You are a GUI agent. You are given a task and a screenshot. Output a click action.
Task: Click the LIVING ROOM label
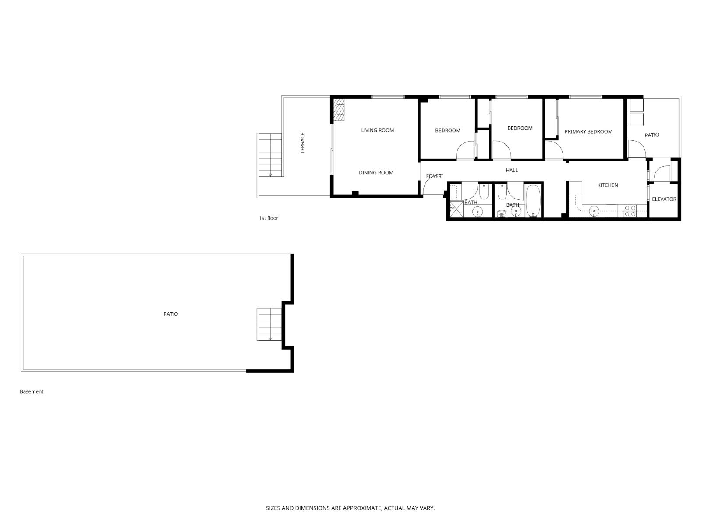pyautogui.click(x=377, y=130)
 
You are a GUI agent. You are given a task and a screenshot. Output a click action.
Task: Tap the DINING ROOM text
pyautogui.click(x=376, y=173)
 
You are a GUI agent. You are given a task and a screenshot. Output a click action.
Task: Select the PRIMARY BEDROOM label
pyautogui.click(x=588, y=131)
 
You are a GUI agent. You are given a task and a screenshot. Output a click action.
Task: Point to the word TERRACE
pyautogui.click(x=302, y=143)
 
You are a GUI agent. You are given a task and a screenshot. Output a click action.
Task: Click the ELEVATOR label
pyautogui.click(x=664, y=199)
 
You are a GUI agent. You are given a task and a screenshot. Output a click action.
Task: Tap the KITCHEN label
pyautogui.click(x=608, y=185)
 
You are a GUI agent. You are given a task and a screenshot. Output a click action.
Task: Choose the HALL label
pyautogui.click(x=512, y=170)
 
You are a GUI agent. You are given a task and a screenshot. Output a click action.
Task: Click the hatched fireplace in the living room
pyautogui.click(x=339, y=109)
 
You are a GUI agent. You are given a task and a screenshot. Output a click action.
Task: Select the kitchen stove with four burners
pyautogui.click(x=630, y=211)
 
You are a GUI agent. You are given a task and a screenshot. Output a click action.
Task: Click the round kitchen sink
pyautogui.click(x=595, y=211)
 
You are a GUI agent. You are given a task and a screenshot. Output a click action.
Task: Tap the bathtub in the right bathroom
pyautogui.click(x=533, y=201)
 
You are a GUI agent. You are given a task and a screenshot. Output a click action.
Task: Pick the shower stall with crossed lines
pyautogui.click(x=456, y=209)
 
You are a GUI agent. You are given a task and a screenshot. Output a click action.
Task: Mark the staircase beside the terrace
pyautogui.click(x=270, y=155)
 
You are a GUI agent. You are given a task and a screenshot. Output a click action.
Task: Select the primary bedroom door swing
pyautogui.click(x=554, y=150)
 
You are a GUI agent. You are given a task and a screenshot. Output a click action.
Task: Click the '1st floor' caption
pyautogui.click(x=268, y=218)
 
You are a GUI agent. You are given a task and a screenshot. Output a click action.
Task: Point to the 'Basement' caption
pyautogui.click(x=32, y=391)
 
